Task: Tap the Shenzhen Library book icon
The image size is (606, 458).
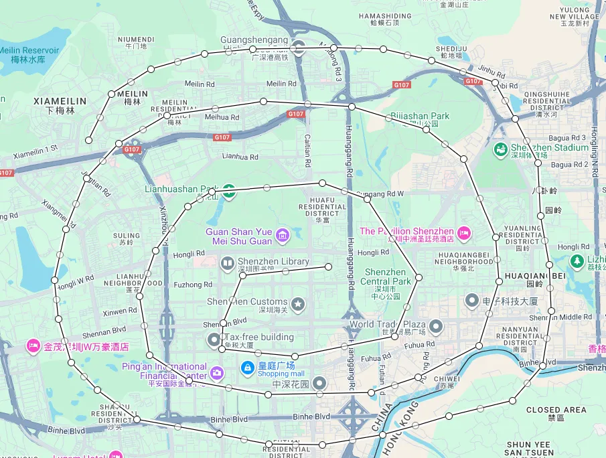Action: click(x=227, y=262)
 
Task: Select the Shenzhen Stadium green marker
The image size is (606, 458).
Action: click(x=500, y=148)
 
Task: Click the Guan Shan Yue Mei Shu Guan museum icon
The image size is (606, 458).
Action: click(x=282, y=234)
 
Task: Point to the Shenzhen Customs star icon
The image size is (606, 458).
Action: click(x=298, y=305)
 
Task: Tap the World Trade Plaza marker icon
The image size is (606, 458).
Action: click(x=437, y=327)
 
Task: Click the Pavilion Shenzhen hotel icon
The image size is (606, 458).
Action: click(x=463, y=232)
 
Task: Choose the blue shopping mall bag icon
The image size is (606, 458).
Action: click(x=247, y=368)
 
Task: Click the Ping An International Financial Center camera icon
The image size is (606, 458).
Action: click(x=216, y=372)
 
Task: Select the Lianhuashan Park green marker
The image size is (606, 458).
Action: click(x=229, y=191)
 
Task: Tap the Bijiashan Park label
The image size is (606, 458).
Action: click(x=420, y=117)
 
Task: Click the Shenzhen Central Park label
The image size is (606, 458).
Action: click(x=385, y=277)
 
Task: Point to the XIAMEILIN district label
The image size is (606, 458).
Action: click(x=60, y=101)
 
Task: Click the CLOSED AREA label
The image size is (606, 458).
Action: click(x=556, y=410)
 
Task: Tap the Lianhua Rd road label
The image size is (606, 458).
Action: click(x=240, y=157)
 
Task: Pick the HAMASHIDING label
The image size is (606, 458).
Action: click(x=385, y=16)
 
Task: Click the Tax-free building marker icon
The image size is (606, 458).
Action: click(x=214, y=338)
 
